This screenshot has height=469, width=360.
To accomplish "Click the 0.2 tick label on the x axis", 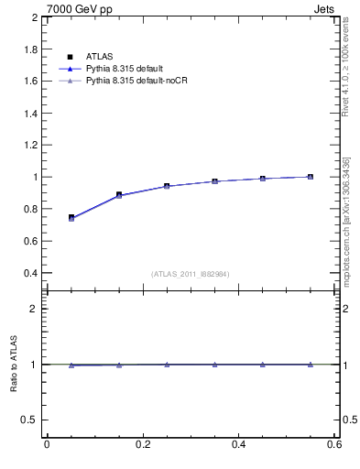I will pos(142,444).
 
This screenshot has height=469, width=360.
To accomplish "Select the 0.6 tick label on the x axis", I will pos(335,444).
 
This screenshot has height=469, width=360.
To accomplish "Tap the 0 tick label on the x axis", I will pos(47,444).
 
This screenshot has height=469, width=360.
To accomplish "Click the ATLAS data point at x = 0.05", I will pos(71,217).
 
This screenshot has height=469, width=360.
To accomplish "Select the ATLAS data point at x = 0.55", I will pos(311,177).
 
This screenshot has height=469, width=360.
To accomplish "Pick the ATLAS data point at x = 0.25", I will pos(167,186).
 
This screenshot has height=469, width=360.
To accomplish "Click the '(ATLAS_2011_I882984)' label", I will pos(191,274).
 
